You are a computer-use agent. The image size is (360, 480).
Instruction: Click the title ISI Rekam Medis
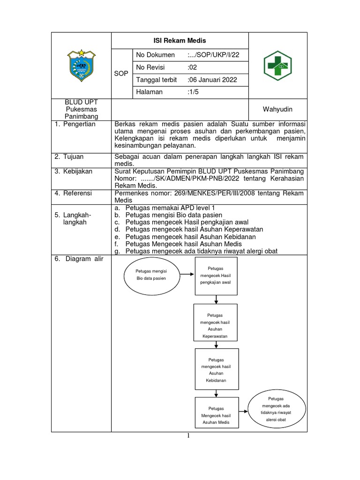(x=179, y=40)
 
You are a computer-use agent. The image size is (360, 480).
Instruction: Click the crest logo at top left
(x=82, y=66)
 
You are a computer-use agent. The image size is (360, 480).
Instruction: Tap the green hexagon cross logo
(x=277, y=66)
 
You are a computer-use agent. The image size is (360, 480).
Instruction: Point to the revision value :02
(x=192, y=67)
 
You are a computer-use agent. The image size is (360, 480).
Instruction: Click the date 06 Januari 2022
(x=212, y=80)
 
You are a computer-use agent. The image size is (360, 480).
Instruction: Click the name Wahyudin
(x=277, y=109)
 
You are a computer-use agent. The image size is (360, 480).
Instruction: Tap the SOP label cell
(x=121, y=74)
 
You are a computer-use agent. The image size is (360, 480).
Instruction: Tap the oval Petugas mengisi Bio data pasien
(x=152, y=275)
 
